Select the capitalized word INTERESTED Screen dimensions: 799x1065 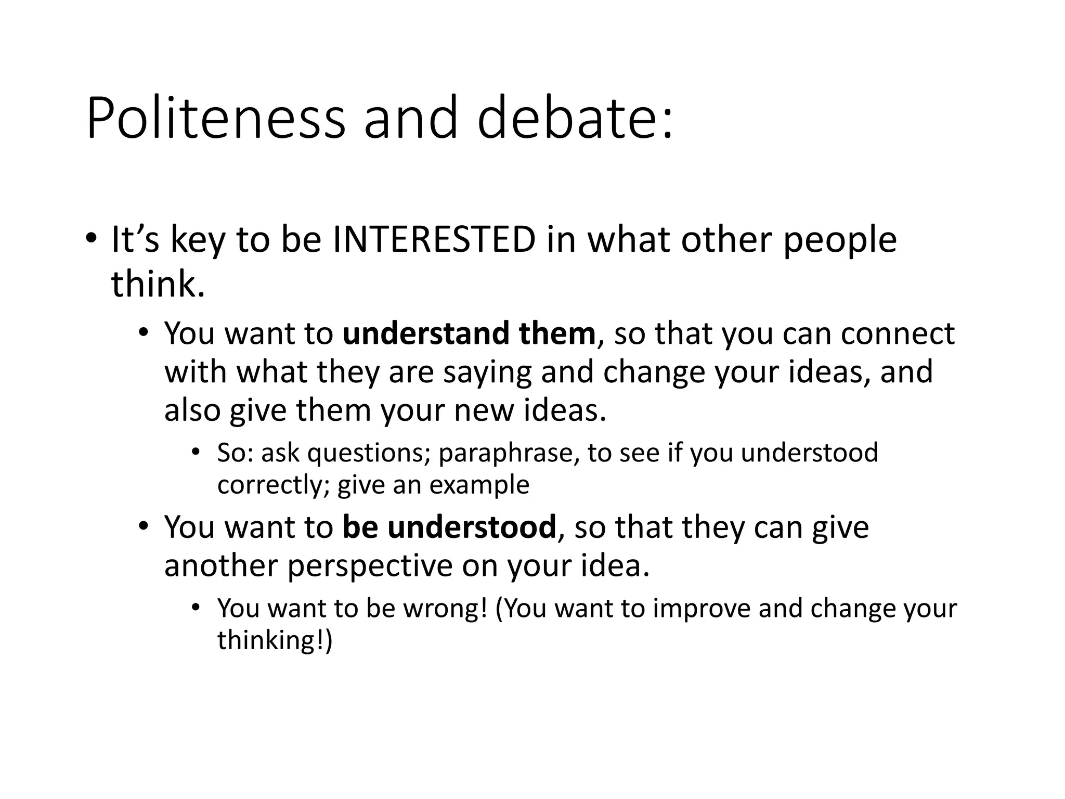434,240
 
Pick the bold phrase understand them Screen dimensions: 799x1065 469,333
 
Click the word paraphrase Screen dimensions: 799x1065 509,453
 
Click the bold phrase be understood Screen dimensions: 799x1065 449,527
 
